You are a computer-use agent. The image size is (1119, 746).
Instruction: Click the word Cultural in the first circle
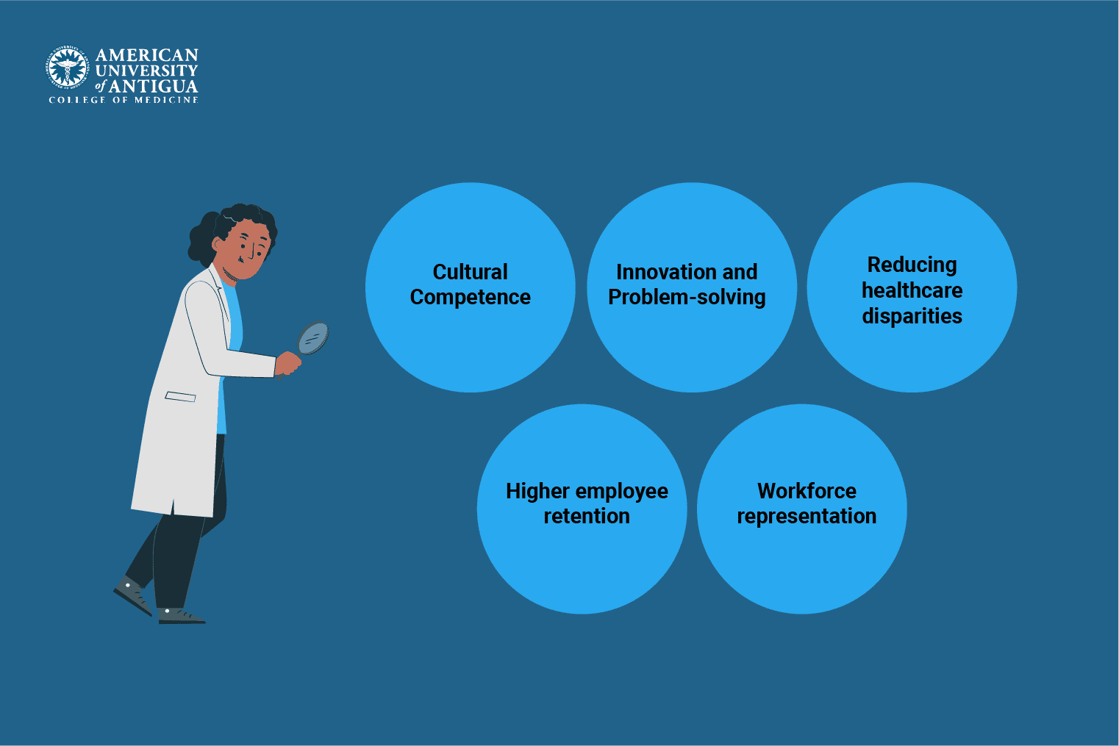[x=470, y=272]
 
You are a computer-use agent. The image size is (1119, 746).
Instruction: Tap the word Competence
[x=470, y=297]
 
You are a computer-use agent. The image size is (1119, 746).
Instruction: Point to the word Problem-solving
[x=687, y=297]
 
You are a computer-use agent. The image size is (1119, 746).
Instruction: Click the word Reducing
[x=912, y=265]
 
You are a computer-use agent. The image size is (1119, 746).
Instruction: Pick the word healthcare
[x=912, y=290]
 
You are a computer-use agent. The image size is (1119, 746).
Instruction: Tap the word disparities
[x=912, y=316]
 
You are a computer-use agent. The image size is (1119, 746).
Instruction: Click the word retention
[x=587, y=516]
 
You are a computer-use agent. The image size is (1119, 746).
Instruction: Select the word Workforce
[x=807, y=491]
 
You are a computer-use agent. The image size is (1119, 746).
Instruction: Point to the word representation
[x=807, y=516]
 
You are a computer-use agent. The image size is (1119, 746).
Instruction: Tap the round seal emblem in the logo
[x=68, y=69]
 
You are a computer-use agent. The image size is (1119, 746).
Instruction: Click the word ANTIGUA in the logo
[x=153, y=86]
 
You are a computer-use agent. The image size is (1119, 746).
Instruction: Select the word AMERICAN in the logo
[x=147, y=55]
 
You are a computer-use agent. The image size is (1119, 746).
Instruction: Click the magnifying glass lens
[x=313, y=338]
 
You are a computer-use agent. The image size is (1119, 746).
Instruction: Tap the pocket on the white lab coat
[x=180, y=397]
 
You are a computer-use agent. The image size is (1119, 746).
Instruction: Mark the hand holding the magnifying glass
[x=287, y=364]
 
